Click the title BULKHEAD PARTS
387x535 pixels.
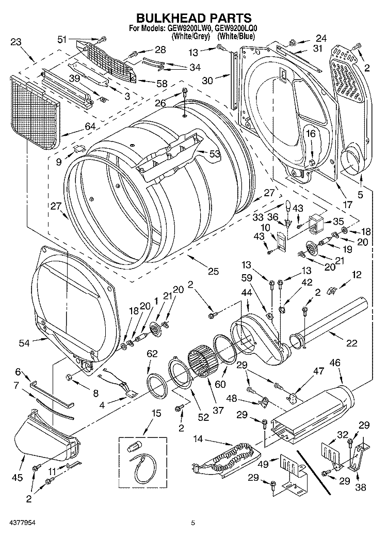coord(193,20)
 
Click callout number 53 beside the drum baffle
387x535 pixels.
coord(214,153)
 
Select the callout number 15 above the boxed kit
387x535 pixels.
coord(156,413)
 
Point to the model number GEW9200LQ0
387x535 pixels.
coord(238,29)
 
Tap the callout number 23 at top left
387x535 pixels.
coord(16,42)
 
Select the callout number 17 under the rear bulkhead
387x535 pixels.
coord(347,204)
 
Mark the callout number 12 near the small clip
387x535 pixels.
coord(356,276)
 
